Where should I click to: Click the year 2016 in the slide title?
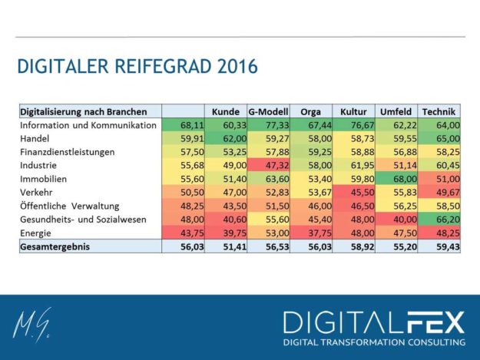coord(234,67)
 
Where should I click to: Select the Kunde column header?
coord(226,111)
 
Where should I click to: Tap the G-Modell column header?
coord(268,111)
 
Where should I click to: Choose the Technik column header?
coord(439,111)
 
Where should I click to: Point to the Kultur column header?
coord(353,111)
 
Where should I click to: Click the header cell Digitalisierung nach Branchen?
coord(83,111)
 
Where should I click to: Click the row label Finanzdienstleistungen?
coord(68,151)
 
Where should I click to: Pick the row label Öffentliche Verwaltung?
coord(71,206)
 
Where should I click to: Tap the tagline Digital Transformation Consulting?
coord(374,342)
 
